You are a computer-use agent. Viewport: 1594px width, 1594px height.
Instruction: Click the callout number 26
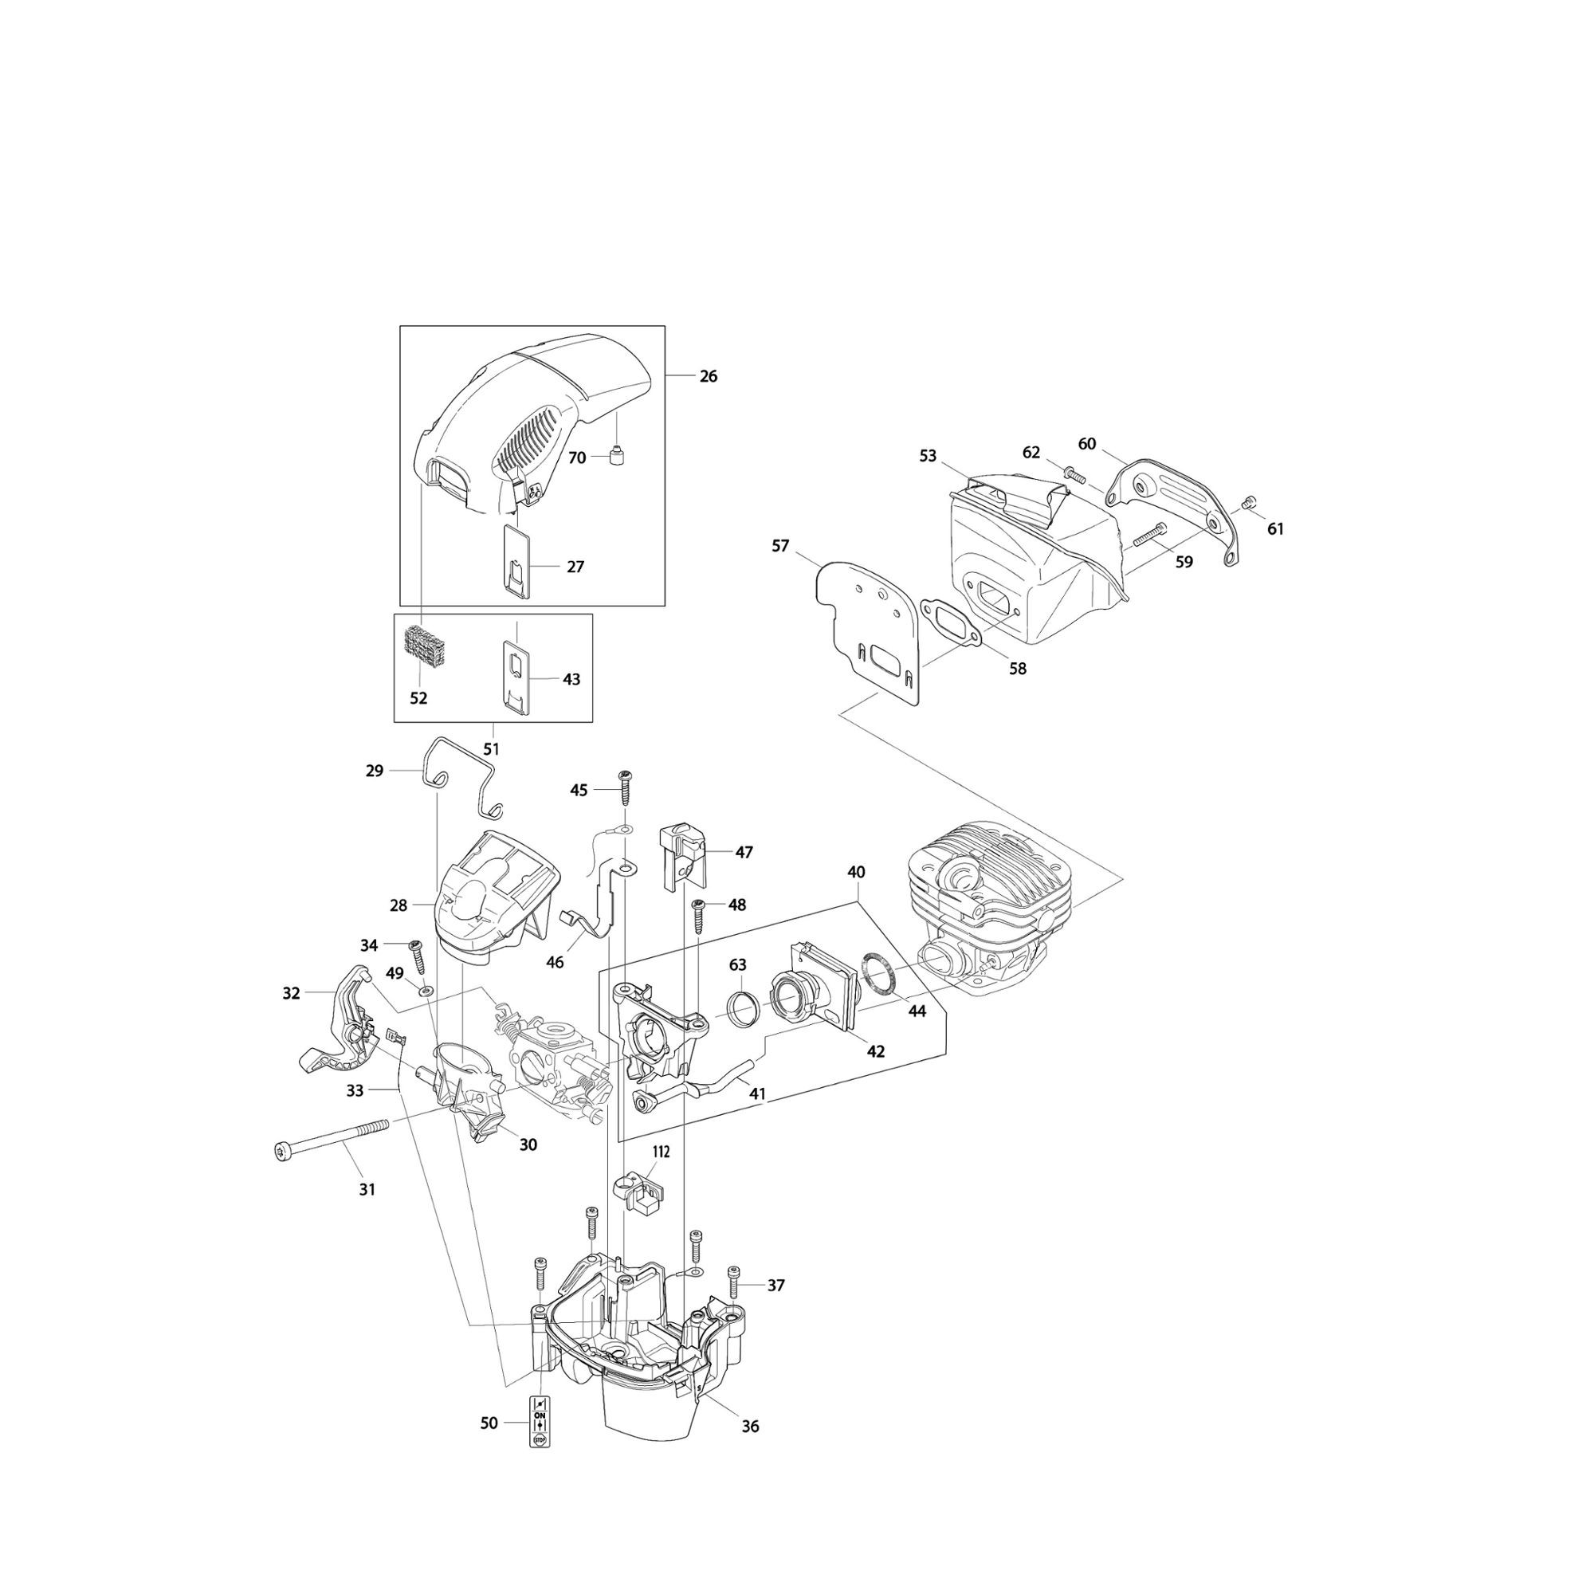click(x=708, y=376)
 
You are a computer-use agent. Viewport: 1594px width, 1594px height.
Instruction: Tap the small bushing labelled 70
click(x=614, y=455)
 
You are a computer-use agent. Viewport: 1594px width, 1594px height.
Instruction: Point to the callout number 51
click(x=491, y=749)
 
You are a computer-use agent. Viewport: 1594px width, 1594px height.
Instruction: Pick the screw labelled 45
click(x=625, y=791)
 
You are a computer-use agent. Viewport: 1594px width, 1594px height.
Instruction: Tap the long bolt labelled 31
click(x=330, y=1138)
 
